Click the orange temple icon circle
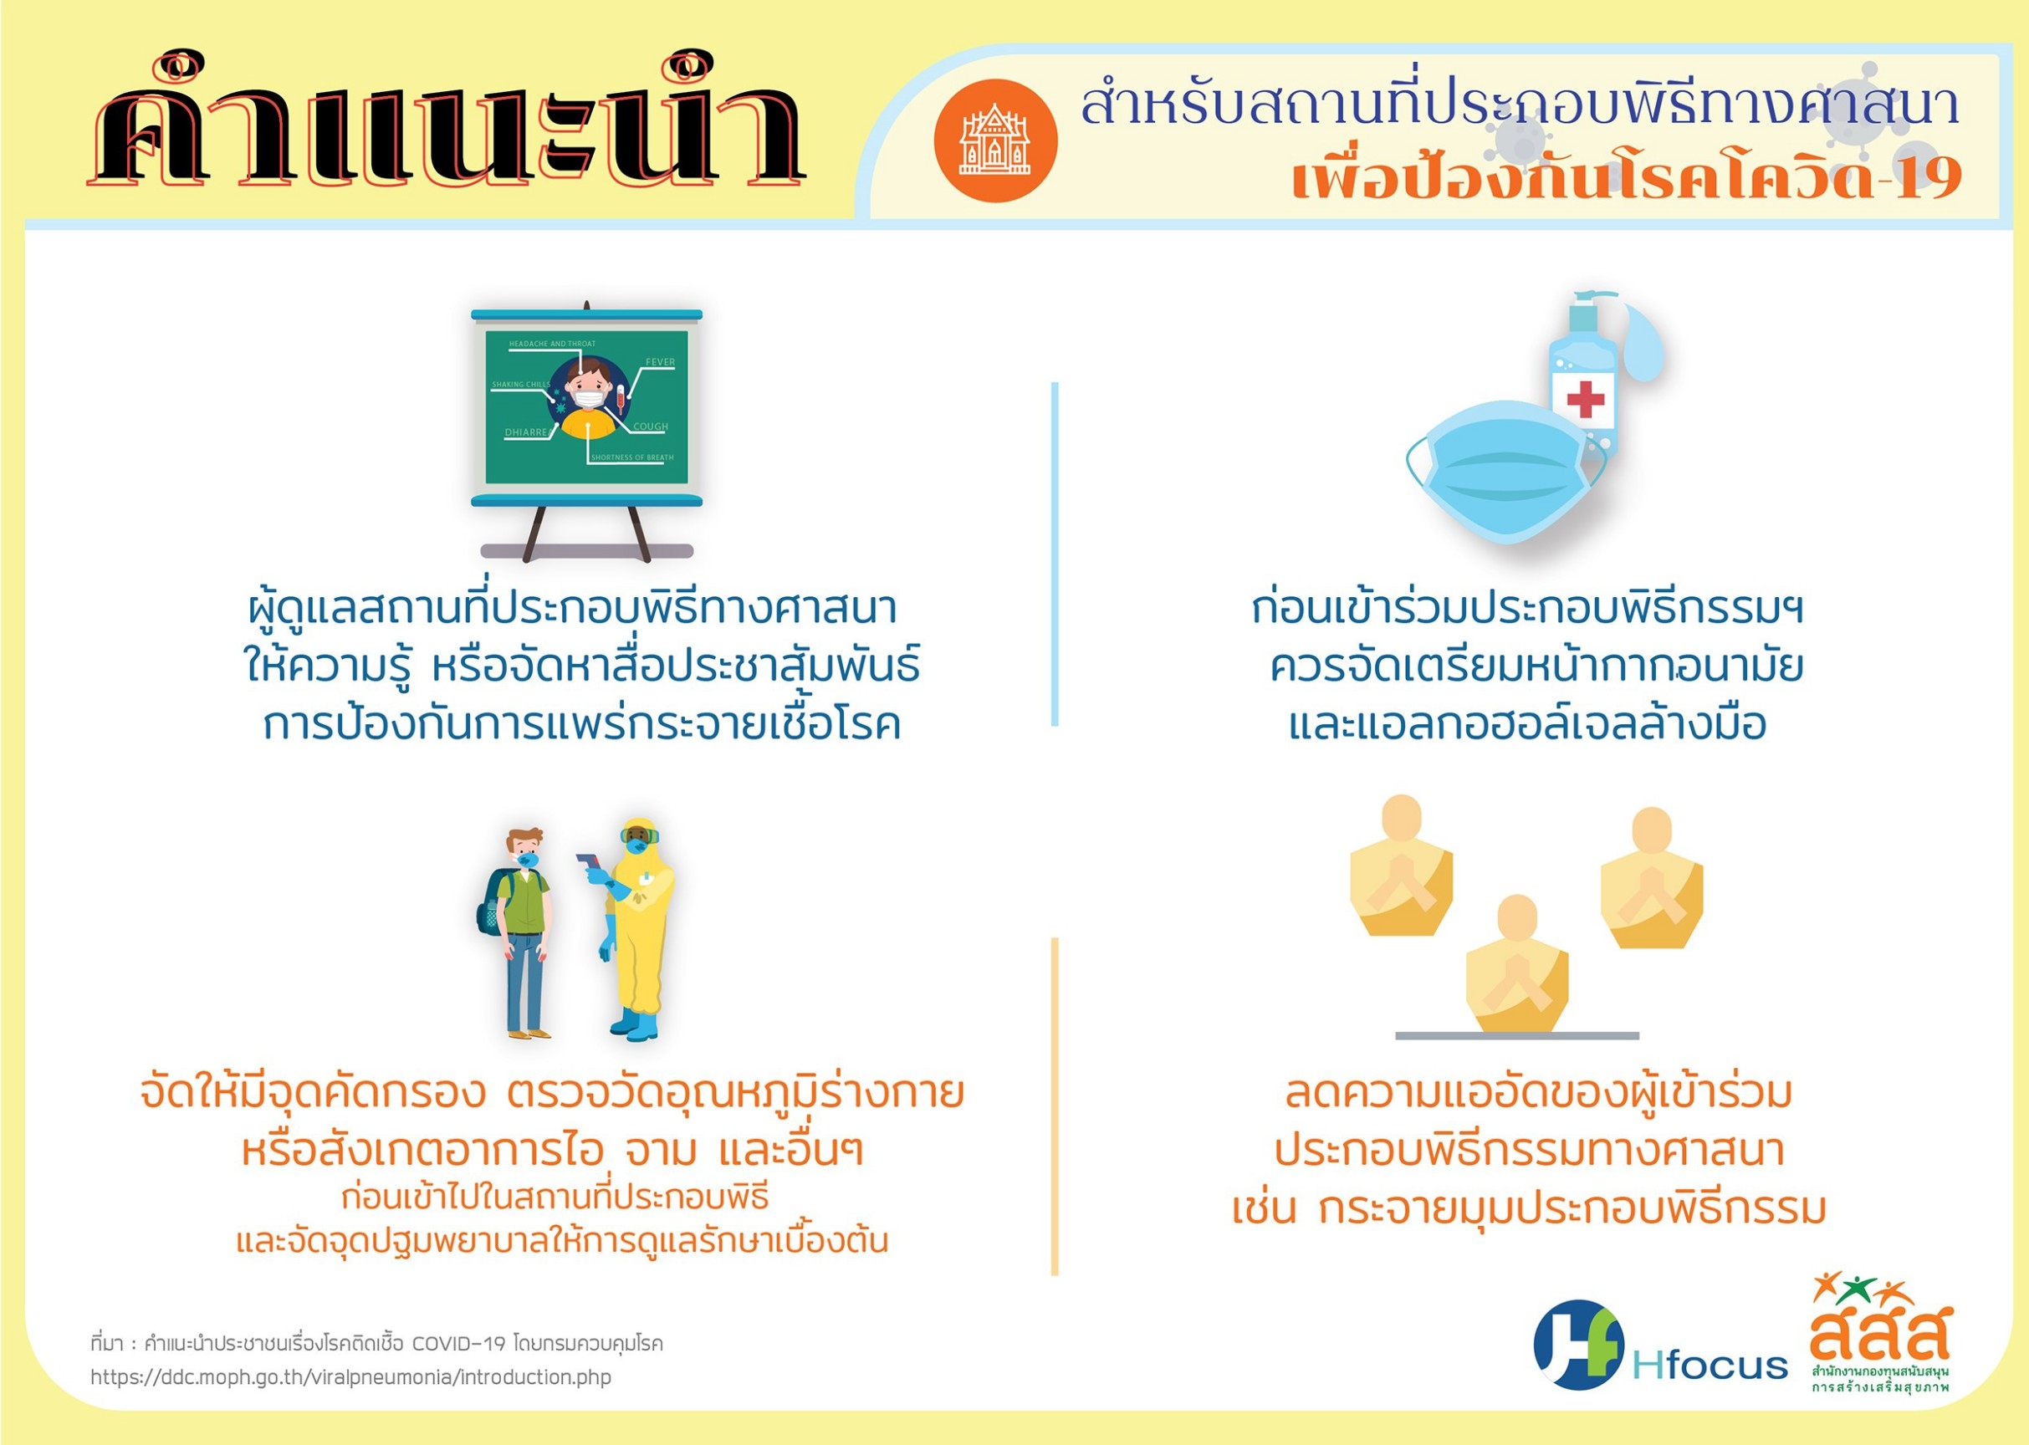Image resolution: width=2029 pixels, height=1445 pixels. click(995, 140)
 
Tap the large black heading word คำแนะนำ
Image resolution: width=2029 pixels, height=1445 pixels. click(447, 125)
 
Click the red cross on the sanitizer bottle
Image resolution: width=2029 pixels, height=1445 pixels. click(1585, 399)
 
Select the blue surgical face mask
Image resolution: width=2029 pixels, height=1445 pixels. click(1506, 472)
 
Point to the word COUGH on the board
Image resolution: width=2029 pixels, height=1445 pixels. click(651, 426)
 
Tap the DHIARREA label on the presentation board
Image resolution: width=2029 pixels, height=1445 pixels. click(528, 432)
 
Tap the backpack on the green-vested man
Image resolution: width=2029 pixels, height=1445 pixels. click(491, 906)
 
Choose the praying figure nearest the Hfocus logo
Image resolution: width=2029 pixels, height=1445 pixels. click(1651, 878)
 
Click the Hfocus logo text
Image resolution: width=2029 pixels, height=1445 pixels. click(1710, 1364)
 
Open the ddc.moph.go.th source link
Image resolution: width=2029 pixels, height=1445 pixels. click(350, 1377)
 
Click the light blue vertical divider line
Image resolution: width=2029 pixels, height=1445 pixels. click(1055, 554)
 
